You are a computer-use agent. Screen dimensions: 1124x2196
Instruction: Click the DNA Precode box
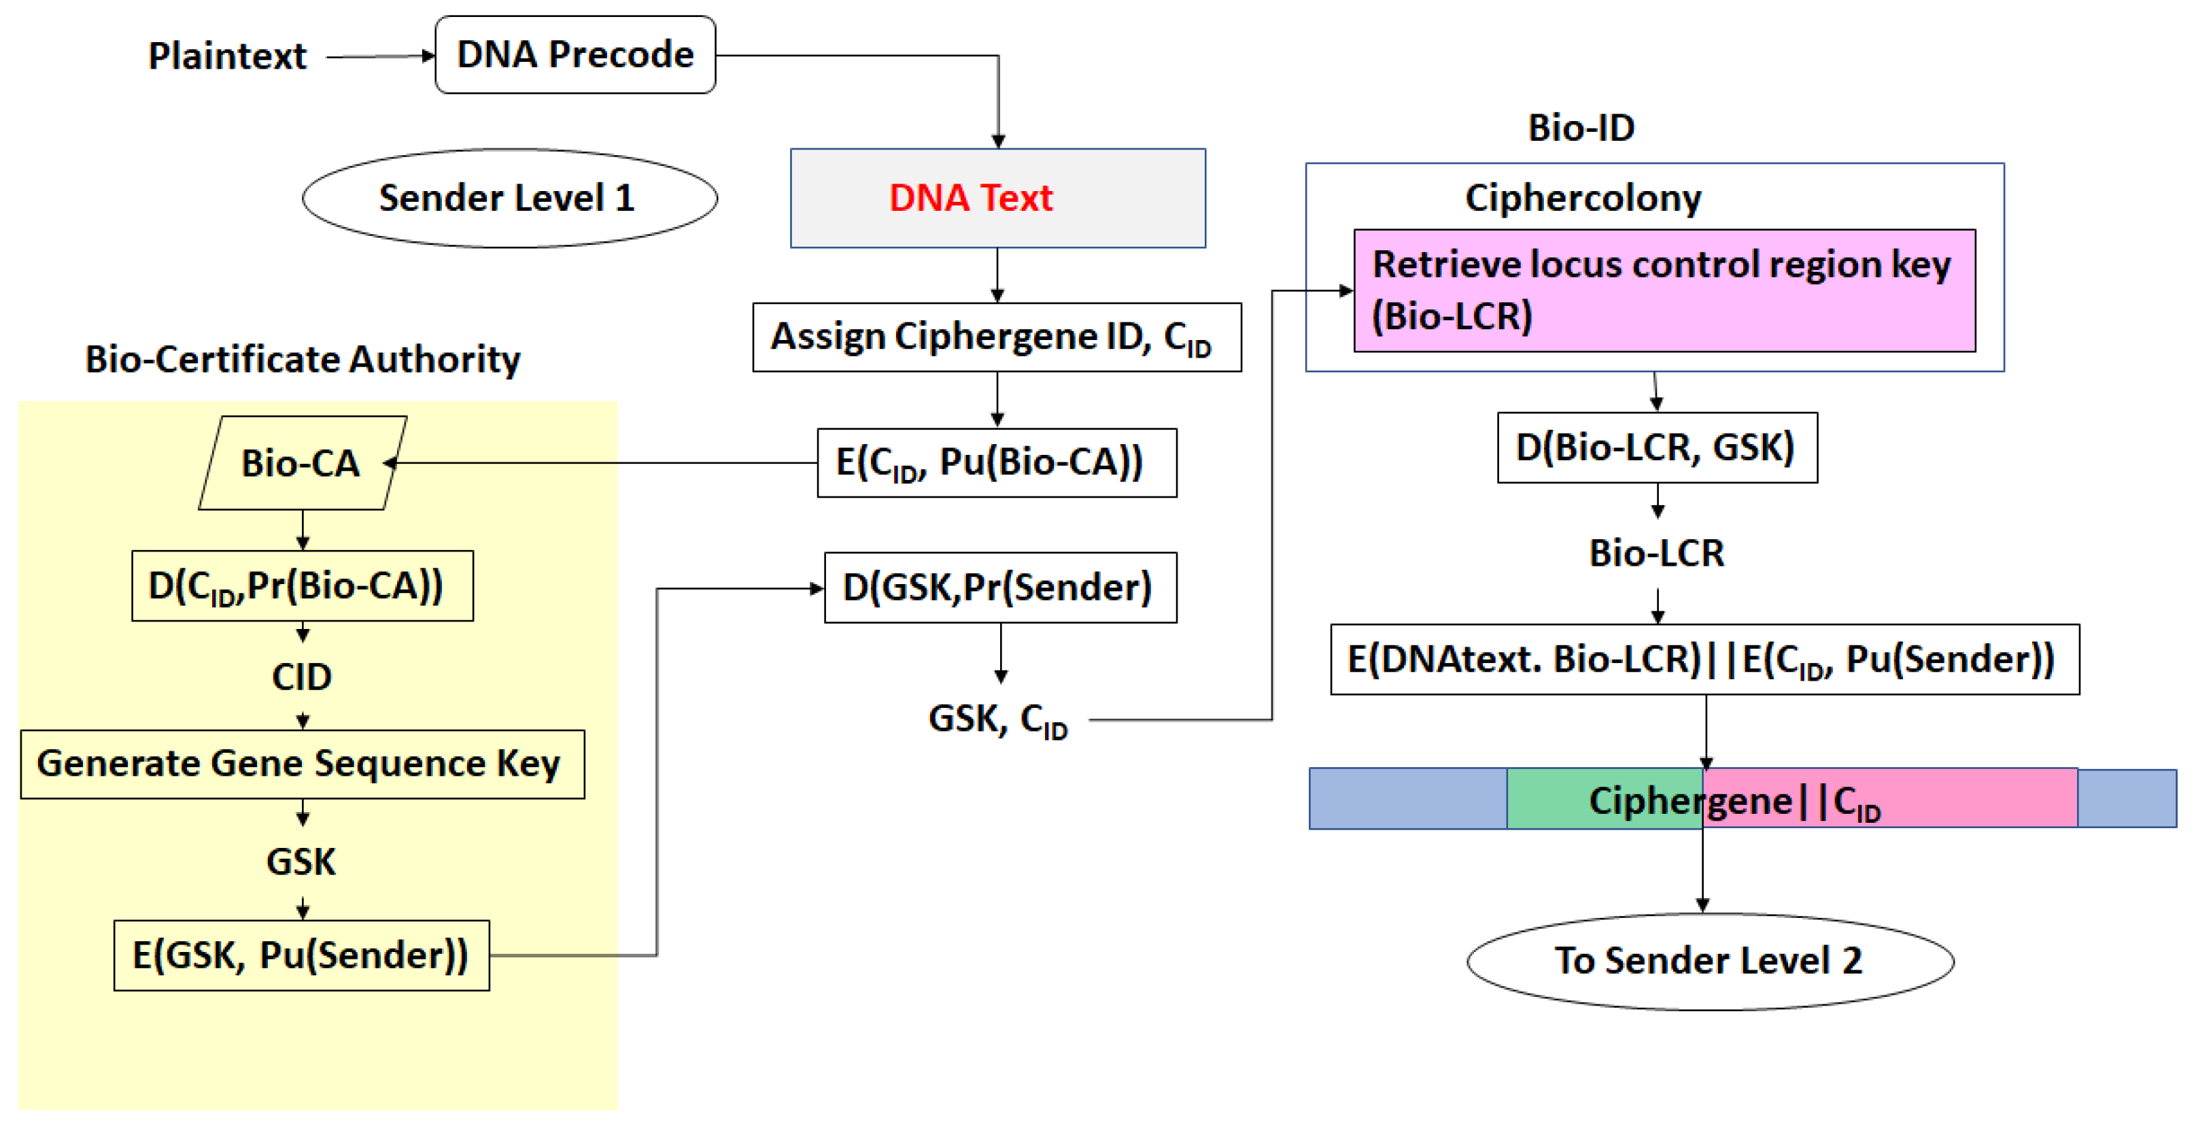574,54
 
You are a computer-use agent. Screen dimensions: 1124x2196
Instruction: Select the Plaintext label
227,56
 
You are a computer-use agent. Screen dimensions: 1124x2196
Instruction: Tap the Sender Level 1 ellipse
509,198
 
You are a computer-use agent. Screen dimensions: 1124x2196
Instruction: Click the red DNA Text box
997,198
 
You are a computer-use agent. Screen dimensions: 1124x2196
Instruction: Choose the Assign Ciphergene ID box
996,337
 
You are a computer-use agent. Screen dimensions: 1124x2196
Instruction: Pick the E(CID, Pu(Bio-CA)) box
996,462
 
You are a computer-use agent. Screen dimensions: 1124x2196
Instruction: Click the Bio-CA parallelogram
302,463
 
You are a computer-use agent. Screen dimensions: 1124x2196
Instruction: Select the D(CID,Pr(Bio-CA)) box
302,586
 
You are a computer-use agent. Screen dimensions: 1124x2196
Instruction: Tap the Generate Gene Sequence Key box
302,763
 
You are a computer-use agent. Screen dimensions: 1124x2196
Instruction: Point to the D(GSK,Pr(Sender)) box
999,587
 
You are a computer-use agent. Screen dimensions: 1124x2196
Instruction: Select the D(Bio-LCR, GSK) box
1656,447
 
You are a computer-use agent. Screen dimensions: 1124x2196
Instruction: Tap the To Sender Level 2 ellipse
1709,961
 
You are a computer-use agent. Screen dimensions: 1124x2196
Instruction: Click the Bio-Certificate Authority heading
302,359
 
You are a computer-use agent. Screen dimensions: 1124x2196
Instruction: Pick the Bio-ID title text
1581,128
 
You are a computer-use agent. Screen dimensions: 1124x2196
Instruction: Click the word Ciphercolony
1582,198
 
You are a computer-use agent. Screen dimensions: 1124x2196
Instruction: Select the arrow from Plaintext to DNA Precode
379,57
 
